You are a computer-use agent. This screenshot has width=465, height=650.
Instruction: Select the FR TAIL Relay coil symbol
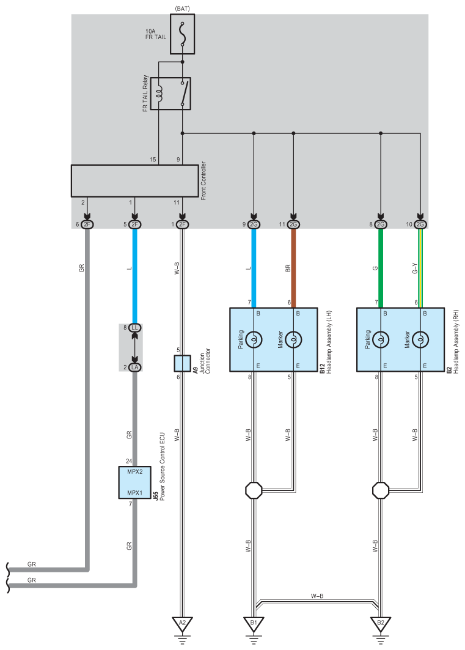point(161,94)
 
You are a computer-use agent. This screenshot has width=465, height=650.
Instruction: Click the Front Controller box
point(135,180)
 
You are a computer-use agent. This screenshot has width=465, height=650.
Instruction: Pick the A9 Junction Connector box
point(183,363)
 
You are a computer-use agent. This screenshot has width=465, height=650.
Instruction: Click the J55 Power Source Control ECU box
point(134,482)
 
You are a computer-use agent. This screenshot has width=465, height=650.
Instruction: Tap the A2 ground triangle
point(182,624)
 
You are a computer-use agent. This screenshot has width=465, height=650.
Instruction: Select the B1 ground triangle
point(254,624)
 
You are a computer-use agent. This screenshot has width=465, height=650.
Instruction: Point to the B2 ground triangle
point(381,624)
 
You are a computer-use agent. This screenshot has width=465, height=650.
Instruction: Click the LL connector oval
point(135,328)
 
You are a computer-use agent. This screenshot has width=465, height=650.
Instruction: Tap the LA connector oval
point(135,367)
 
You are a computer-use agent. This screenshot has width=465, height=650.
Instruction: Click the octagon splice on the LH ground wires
point(254,490)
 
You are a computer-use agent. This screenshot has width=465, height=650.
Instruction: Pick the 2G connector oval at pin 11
point(293,224)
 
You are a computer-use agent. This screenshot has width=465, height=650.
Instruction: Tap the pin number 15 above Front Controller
point(153,160)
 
